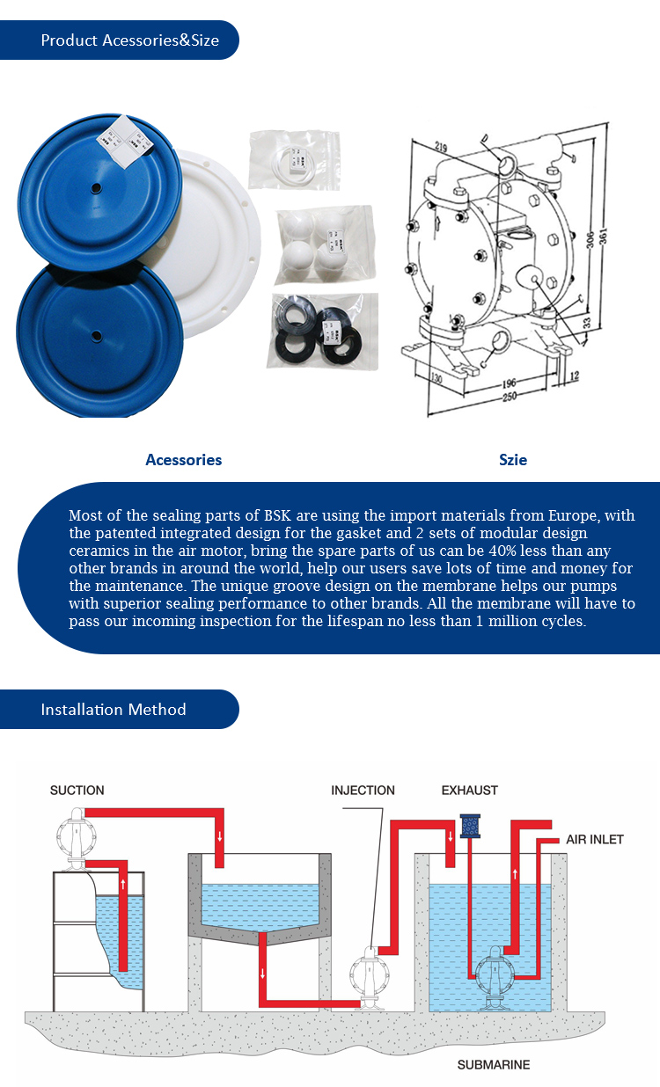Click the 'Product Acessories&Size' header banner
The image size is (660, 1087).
tap(119, 40)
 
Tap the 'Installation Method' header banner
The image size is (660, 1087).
tap(119, 709)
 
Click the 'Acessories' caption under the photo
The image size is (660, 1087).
tap(184, 460)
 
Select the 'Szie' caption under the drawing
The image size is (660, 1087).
tap(513, 460)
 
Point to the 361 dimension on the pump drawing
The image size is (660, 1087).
tap(603, 236)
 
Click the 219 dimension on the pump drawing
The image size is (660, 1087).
tap(441, 146)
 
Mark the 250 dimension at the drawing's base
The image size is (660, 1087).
tap(509, 397)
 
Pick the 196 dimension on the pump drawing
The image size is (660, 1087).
tap(509, 383)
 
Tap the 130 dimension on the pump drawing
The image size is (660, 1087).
tap(436, 377)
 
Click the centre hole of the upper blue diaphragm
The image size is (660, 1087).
tap(96, 188)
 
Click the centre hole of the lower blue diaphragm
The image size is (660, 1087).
tap(96, 335)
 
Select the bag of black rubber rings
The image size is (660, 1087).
tap(322, 331)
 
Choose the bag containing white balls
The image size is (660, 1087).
tap(325, 245)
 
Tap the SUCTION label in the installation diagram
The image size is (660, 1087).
tap(77, 790)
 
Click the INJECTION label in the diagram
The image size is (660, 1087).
tap(363, 790)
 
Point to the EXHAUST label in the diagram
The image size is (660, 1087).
tap(470, 790)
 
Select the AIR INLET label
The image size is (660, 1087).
tap(594, 839)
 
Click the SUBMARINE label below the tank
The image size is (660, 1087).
tap(494, 1065)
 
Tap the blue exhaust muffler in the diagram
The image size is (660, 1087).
tap(470, 827)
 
